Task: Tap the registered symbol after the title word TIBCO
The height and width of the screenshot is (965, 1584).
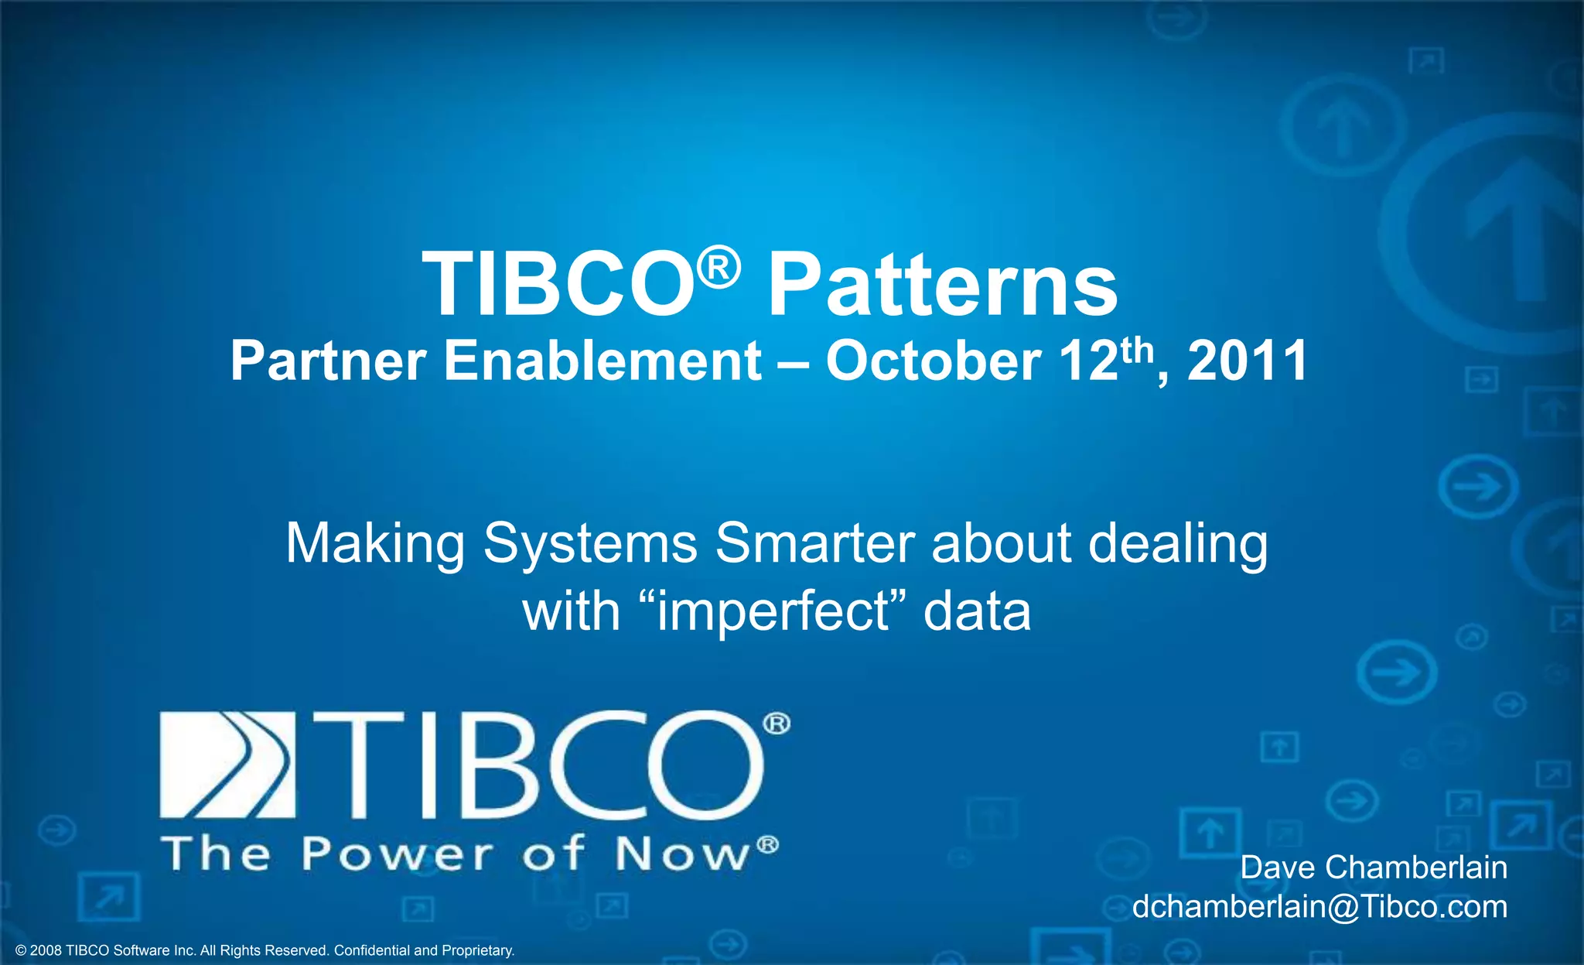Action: tap(719, 268)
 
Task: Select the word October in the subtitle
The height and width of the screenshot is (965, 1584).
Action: tap(933, 361)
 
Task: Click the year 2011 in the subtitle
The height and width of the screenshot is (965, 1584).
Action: tap(1247, 361)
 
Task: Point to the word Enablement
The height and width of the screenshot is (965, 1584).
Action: tap(603, 361)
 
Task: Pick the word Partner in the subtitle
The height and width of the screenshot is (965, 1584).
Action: tap(328, 361)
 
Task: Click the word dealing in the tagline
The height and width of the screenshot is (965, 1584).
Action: tap(1178, 545)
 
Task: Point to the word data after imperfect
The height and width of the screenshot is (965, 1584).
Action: tap(977, 611)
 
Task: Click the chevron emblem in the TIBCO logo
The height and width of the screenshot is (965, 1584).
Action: tap(227, 764)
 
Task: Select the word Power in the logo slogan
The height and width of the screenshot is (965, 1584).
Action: tap(397, 854)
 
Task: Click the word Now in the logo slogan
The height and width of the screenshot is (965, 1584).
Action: tap(683, 854)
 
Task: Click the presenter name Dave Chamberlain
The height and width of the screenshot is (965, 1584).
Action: tap(1374, 867)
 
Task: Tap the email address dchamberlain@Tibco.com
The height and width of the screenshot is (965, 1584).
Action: tap(1319, 906)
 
